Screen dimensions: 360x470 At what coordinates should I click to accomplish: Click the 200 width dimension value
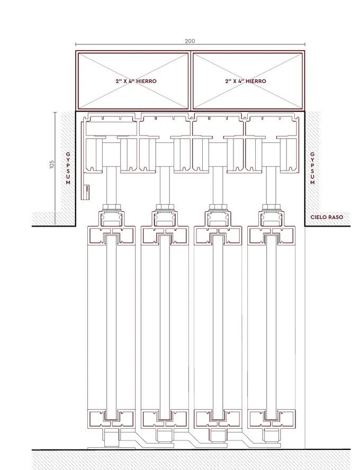pyautogui.click(x=190, y=41)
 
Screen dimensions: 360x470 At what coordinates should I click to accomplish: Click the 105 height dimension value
pyautogui.click(x=52, y=164)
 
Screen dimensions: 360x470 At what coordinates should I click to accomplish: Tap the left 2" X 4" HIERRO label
pyautogui.click(x=136, y=81)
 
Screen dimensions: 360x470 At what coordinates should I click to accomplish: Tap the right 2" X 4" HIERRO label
pyautogui.click(x=246, y=81)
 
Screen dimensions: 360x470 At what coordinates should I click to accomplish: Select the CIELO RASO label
pyautogui.click(x=327, y=217)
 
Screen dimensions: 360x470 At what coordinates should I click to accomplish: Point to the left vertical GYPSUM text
pyautogui.click(x=68, y=168)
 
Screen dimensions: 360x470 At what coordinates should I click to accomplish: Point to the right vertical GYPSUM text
pyautogui.click(x=312, y=168)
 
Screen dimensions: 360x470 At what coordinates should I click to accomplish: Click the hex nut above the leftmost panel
pyautogui.click(x=112, y=207)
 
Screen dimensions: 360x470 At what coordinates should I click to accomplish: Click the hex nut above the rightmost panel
pyautogui.click(x=271, y=207)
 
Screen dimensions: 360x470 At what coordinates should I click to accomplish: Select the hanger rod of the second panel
pyautogui.click(x=165, y=185)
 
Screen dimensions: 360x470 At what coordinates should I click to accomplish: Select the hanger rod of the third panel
pyautogui.click(x=218, y=185)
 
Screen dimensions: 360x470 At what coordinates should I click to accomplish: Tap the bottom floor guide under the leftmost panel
pyautogui.click(x=112, y=439)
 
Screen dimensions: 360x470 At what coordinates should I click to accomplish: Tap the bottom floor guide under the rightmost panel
pyautogui.click(x=271, y=439)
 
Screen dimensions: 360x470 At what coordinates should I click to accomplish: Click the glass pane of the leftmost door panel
pyautogui.click(x=111, y=327)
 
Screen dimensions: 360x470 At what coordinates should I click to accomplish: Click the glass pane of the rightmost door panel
pyautogui.click(x=271, y=327)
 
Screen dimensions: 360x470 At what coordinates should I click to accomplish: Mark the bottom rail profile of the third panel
pyautogui.click(x=218, y=419)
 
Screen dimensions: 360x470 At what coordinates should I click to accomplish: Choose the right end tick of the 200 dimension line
pyautogui.click(x=305, y=44)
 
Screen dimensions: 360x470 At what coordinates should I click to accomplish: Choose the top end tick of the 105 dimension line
pyautogui.click(x=55, y=112)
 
